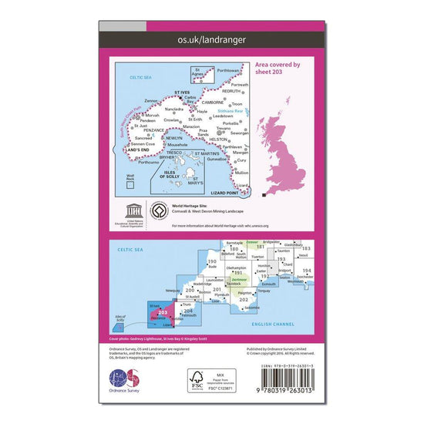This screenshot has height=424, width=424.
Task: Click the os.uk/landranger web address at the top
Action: pos(212,37)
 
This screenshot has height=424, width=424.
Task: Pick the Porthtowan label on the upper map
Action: pos(229,69)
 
